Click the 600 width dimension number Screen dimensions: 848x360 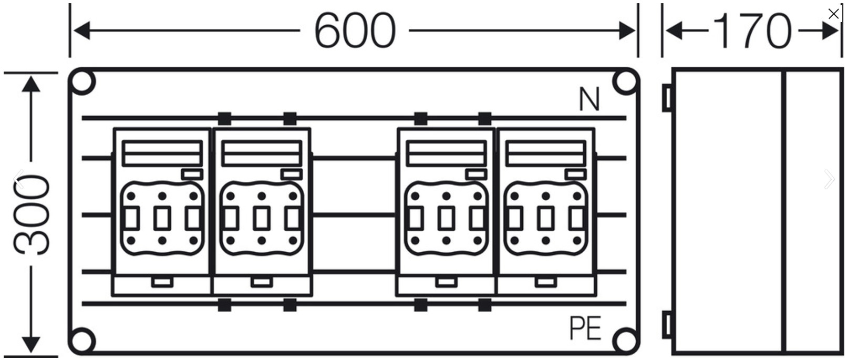(355, 30)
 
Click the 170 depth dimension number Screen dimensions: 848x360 (752, 31)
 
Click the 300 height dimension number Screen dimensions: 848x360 (31, 214)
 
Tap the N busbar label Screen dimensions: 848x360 (590, 99)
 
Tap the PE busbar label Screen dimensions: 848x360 (585, 328)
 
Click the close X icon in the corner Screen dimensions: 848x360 (833, 14)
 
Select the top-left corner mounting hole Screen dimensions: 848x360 (82, 81)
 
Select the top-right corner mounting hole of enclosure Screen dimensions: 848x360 (625, 81)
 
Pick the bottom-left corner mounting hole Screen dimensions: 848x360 (82, 341)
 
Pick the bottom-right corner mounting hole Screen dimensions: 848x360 (625, 341)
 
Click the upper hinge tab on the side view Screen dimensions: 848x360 (667, 98)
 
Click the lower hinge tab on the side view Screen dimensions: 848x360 (667, 325)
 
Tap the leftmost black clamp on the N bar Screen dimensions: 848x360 (224, 118)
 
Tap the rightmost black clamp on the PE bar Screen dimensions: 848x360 (485, 305)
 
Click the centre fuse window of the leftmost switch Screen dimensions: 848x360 (162, 219)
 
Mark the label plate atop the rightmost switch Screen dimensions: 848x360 (545, 153)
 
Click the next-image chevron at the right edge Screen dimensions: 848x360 (829, 179)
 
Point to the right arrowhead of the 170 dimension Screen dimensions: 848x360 (831, 30)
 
